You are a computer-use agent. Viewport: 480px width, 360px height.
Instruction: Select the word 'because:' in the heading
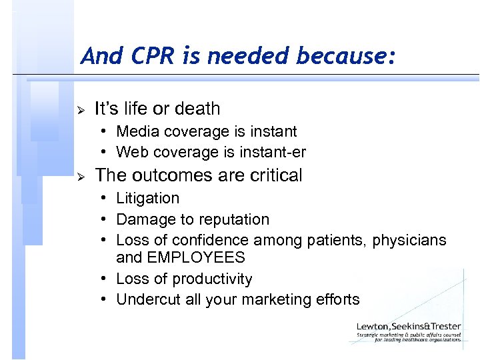pyautogui.click(x=349, y=56)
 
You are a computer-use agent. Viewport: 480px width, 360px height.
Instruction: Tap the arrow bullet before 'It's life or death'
pyautogui.click(x=79, y=109)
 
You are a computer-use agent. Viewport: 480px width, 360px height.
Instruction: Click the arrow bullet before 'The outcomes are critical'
pyautogui.click(x=79, y=177)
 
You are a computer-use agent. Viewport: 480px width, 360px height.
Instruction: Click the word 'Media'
pyautogui.click(x=137, y=131)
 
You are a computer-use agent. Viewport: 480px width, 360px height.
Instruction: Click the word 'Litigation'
pyautogui.click(x=147, y=198)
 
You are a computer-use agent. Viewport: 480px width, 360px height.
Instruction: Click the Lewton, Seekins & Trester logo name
pyautogui.click(x=409, y=325)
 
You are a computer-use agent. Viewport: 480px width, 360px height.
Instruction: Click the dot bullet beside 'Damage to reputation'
pyautogui.click(x=105, y=219)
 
